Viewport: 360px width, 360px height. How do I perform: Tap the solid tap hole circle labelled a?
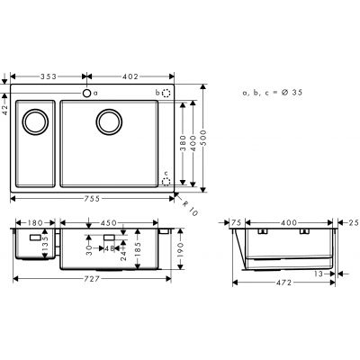coord(87,93)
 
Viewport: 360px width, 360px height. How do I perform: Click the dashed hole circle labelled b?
coord(166,93)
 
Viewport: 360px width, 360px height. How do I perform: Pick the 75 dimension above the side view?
coord(238,220)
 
